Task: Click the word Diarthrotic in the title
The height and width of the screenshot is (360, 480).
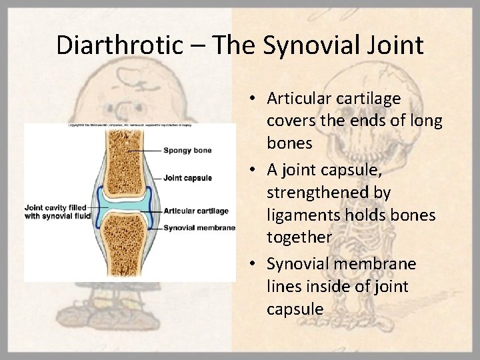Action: pos(117,45)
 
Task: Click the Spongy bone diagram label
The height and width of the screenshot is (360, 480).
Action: pos(187,150)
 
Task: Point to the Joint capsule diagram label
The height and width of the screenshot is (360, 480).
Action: pos(187,178)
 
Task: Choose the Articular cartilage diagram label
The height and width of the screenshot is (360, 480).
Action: pos(196,211)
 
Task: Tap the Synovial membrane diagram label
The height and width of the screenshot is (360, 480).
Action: pos(199,228)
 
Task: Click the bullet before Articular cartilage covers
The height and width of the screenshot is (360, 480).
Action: pos(255,99)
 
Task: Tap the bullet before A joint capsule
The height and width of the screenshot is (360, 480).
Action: pos(255,169)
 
